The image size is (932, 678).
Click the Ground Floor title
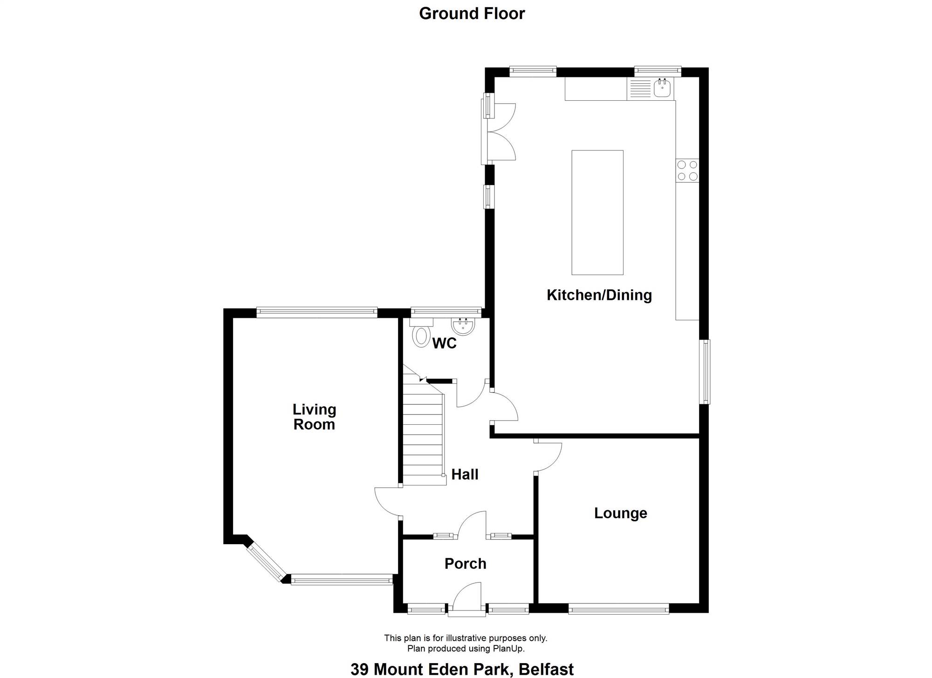[x=472, y=14]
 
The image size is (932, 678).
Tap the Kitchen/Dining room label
[x=599, y=295]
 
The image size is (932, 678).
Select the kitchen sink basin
[x=662, y=88]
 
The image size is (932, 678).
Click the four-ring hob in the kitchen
[x=687, y=170]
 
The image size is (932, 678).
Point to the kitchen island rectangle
[x=597, y=212]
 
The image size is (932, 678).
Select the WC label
[x=444, y=344]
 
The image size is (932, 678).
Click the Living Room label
[x=314, y=417]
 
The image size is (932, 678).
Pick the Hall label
[x=465, y=475]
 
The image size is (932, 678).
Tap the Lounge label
[x=620, y=513]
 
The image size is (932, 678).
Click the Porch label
[x=465, y=564]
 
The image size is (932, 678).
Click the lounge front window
[x=619, y=608]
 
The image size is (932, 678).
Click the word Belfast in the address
[x=546, y=670]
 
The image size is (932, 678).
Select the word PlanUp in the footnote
[x=508, y=649]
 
